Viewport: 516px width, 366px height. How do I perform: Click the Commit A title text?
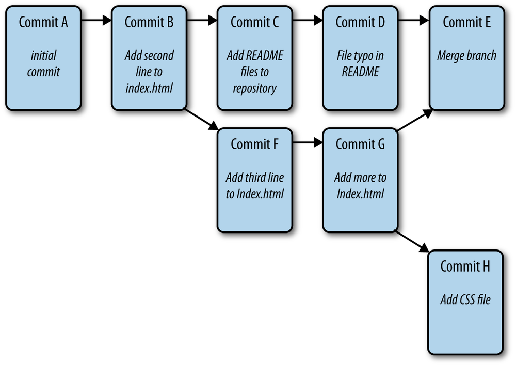click(43, 22)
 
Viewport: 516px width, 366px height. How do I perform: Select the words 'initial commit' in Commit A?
click(43, 63)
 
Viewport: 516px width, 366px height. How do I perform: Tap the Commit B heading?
click(149, 22)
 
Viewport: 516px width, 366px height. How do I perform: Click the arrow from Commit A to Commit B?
click(96, 21)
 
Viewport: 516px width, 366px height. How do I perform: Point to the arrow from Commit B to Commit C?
click(202, 21)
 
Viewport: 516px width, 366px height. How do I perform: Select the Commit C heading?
click(254, 22)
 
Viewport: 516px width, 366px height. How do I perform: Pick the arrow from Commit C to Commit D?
click(308, 21)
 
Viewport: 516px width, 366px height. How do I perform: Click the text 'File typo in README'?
click(360, 63)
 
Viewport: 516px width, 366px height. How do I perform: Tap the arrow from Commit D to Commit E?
click(413, 21)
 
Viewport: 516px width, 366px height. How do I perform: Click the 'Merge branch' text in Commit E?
click(466, 56)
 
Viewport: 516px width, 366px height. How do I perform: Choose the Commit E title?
click(466, 22)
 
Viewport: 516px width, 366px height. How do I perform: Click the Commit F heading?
click(254, 144)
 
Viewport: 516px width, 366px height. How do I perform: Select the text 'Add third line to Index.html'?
click(254, 186)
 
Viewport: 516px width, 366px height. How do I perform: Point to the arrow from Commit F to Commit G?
click(308, 143)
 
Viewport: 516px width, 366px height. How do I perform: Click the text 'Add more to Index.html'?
click(360, 186)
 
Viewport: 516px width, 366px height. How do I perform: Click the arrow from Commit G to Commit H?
click(413, 241)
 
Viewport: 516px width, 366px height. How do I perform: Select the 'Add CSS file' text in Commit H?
click(465, 300)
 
